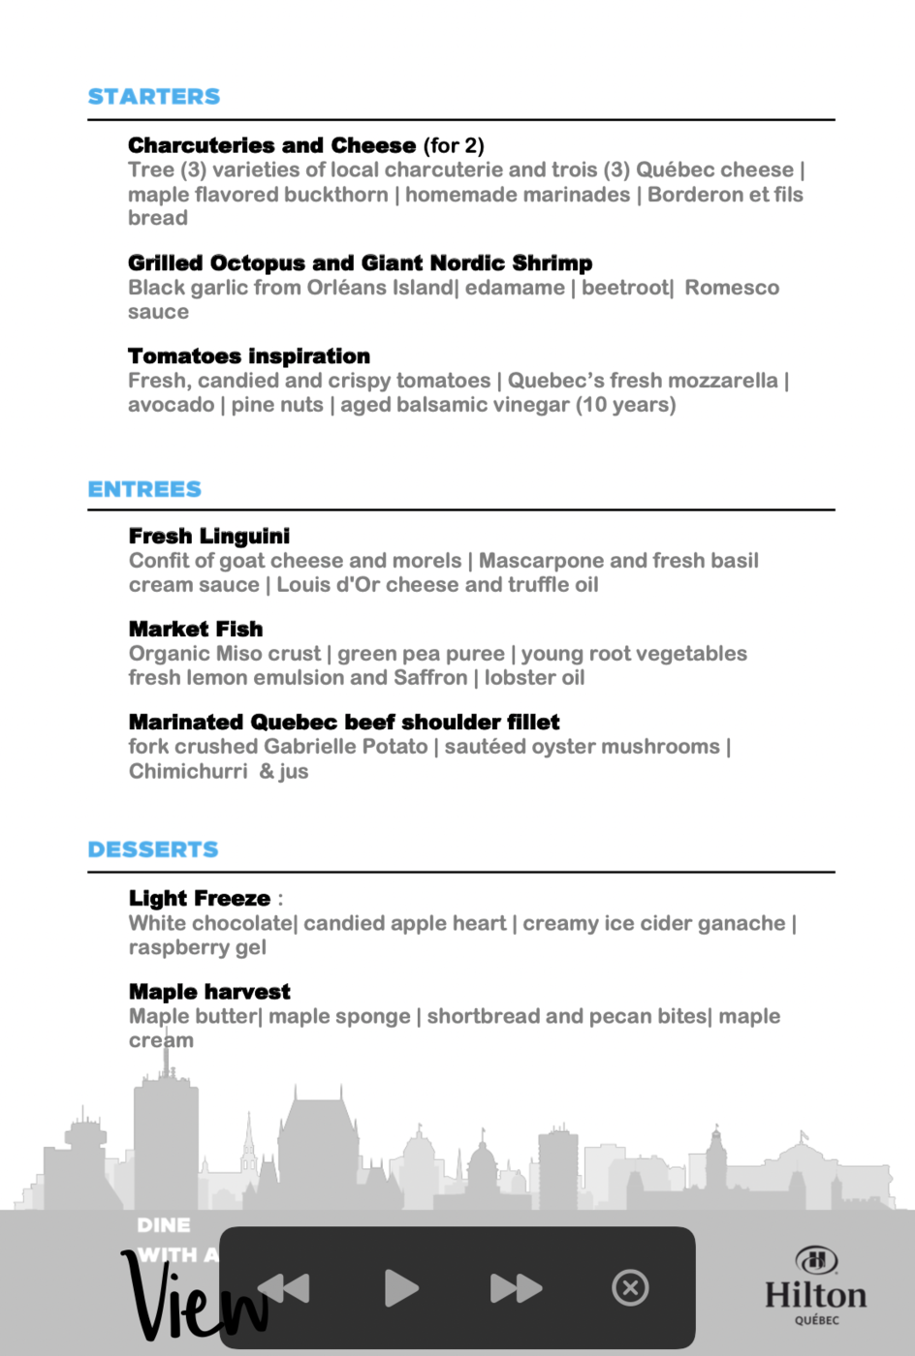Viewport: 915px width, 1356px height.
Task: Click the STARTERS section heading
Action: click(x=154, y=97)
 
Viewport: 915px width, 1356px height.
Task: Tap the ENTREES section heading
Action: click(x=144, y=489)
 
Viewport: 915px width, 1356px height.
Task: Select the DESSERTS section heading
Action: click(x=153, y=849)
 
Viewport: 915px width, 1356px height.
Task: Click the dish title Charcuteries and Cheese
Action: click(x=272, y=145)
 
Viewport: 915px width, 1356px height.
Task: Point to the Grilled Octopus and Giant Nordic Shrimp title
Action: click(x=360, y=262)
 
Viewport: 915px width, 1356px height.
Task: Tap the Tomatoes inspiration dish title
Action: click(x=249, y=355)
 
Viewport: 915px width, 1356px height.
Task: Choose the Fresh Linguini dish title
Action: click(x=209, y=536)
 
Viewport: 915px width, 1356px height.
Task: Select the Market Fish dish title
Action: click(x=196, y=629)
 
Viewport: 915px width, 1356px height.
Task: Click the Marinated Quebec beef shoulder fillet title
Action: click(x=344, y=722)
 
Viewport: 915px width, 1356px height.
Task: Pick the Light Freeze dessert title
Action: click(x=200, y=898)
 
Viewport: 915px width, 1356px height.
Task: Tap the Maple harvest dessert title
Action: click(x=209, y=991)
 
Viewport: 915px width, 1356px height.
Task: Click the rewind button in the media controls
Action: click(x=284, y=1288)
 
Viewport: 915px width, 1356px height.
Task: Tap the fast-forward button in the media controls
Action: click(x=516, y=1288)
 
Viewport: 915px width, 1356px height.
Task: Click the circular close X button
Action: click(x=630, y=1288)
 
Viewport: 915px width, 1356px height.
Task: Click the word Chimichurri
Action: click(x=188, y=771)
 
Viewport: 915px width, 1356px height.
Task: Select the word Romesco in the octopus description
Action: click(x=732, y=288)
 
